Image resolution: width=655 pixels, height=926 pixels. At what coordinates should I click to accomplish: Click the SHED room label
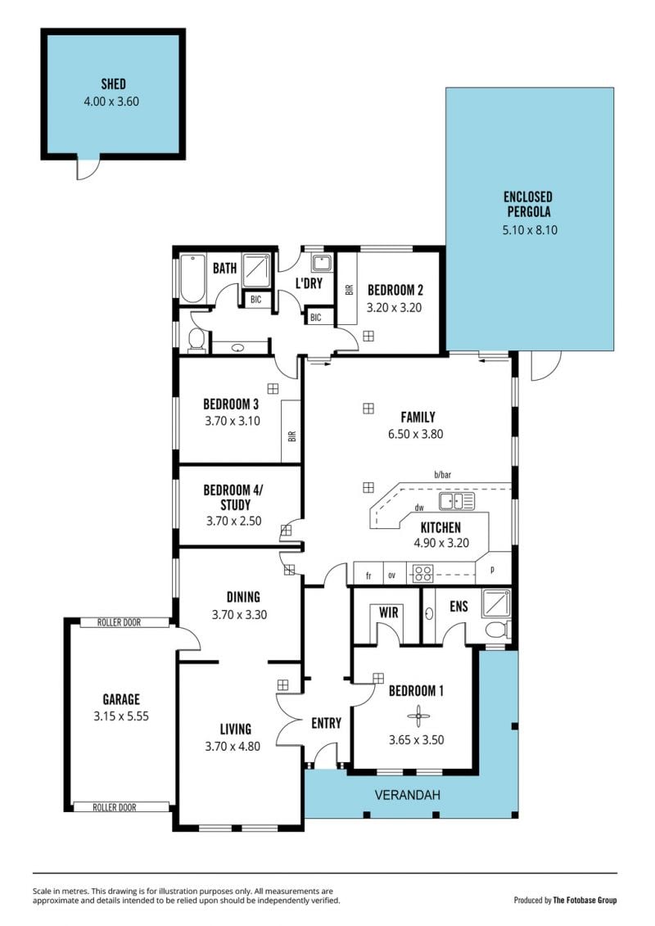point(114,84)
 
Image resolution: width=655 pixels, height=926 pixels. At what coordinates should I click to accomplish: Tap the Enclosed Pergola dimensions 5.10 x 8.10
point(530,230)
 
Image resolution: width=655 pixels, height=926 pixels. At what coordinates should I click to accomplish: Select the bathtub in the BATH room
point(192,278)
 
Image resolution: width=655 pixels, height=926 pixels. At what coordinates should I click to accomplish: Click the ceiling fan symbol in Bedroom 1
point(418,717)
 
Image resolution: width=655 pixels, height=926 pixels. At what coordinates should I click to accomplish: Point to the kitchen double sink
point(457,502)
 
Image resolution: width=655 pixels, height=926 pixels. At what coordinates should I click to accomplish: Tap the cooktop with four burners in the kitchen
point(422,573)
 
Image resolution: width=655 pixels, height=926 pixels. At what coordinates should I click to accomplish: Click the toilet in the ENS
point(497,630)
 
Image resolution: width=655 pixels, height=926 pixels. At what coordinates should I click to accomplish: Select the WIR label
point(389,612)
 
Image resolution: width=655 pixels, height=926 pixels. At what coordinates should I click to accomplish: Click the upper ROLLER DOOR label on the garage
point(119,622)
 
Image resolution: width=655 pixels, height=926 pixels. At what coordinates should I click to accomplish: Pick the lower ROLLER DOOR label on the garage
point(115,807)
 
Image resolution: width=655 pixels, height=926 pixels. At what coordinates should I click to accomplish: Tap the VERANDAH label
point(408,795)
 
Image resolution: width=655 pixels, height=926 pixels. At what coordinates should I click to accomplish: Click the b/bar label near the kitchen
point(442,474)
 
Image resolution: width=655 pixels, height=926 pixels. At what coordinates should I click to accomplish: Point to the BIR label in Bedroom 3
point(291,436)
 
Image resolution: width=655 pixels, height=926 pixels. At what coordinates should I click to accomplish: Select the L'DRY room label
point(309,283)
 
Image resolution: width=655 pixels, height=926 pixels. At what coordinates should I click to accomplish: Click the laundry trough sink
point(322,263)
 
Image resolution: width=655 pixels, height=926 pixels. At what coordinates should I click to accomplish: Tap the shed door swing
point(88,169)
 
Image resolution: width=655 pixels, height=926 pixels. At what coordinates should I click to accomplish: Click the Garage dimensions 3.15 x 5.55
point(121,716)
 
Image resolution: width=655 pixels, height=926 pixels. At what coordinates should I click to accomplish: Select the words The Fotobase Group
point(585,900)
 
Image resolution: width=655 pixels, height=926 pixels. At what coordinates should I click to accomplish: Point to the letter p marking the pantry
point(493,570)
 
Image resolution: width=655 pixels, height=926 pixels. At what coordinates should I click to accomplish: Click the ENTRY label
point(326,723)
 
